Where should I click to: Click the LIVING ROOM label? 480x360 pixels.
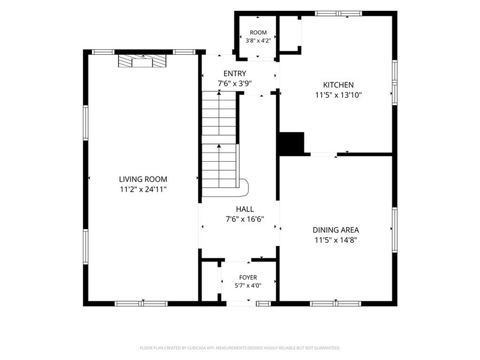(143, 179)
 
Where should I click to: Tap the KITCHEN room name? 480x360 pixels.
(338, 85)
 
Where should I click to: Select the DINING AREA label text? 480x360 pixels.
(336, 230)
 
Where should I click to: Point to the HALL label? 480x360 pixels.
(245, 209)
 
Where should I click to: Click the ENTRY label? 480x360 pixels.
(235, 74)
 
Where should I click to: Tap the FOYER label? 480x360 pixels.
(248, 277)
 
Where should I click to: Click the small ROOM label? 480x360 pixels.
(258, 33)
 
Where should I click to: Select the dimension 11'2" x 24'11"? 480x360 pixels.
(143, 190)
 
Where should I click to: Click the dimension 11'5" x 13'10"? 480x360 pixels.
(338, 95)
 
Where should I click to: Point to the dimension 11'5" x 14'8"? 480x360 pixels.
(336, 240)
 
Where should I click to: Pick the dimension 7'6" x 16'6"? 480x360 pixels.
(245, 219)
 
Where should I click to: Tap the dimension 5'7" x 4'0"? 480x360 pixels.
(248, 286)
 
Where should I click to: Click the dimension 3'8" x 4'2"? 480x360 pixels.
(258, 41)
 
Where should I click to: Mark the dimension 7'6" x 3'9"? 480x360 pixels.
(235, 83)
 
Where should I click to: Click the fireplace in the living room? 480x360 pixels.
(142, 61)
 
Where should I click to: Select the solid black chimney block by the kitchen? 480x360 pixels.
(291, 143)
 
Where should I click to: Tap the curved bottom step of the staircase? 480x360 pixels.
(243, 187)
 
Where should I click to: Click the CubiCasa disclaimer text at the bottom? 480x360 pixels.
(240, 348)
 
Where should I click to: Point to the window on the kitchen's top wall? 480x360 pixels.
(338, 14)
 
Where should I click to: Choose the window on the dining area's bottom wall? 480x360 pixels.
(335, 303)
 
